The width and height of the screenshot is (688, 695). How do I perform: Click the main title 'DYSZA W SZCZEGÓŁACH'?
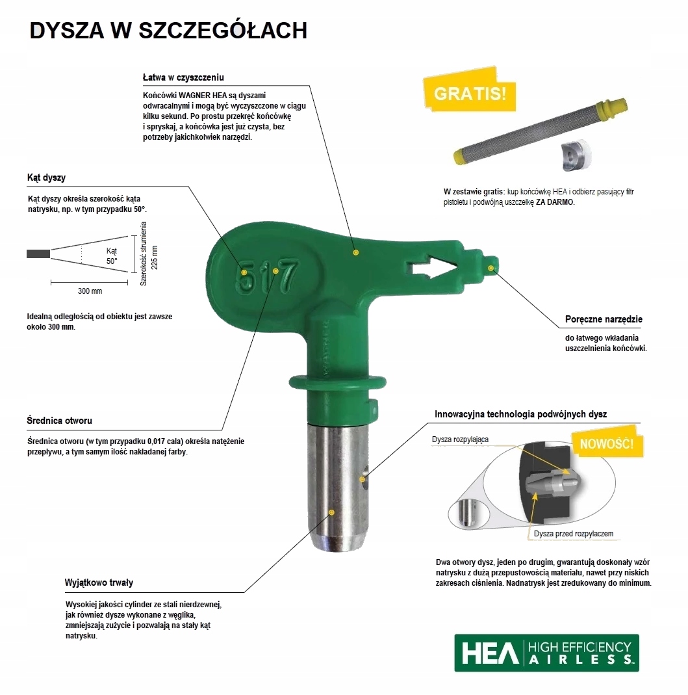click(x=168, y=30)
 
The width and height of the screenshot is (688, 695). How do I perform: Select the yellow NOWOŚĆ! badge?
click(x=607, y=443)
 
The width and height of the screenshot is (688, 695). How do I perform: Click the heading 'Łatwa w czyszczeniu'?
click(x=183, y=77)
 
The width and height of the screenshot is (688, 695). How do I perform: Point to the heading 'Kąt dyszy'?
click(x=47, y=177)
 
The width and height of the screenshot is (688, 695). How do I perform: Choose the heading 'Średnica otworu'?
click(x=59, y=420)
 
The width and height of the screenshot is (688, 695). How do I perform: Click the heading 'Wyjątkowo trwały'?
click(x=99, y=583)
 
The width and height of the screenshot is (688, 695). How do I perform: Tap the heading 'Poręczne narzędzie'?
click(x=604, y=319)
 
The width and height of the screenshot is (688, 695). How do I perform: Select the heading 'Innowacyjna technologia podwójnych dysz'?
click(x=520, y=414)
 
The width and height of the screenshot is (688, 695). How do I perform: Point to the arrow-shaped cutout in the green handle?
click(x=432, y=267)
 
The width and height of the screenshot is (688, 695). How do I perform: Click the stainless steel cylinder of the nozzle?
click(x=338, y=486)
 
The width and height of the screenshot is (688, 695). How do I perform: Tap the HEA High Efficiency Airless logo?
click(x=546, y=653)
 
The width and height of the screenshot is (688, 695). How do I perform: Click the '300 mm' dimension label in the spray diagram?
click(x=90, y=291)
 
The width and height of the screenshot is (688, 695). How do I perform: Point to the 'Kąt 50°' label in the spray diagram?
click(x=111, y=256)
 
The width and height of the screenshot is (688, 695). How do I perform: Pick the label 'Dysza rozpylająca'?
click(x=460, y=439)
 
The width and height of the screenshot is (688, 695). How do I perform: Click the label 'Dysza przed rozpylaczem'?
click(x=573, y=534)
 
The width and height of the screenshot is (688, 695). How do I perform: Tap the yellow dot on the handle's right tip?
click(x=491, y=268)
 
